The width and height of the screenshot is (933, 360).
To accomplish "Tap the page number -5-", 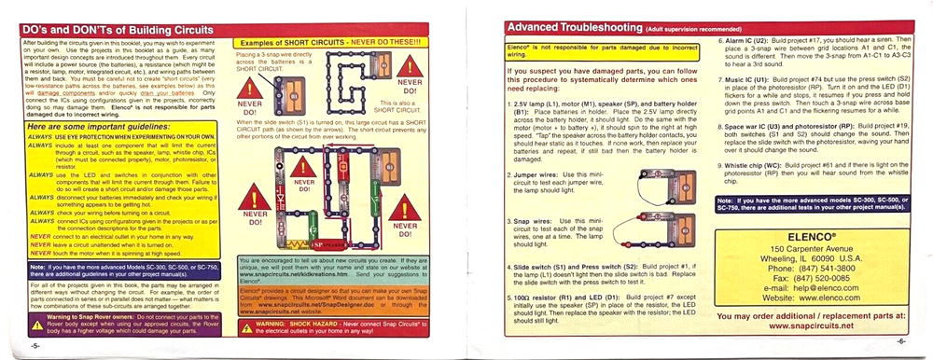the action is [x=34, y=344].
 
